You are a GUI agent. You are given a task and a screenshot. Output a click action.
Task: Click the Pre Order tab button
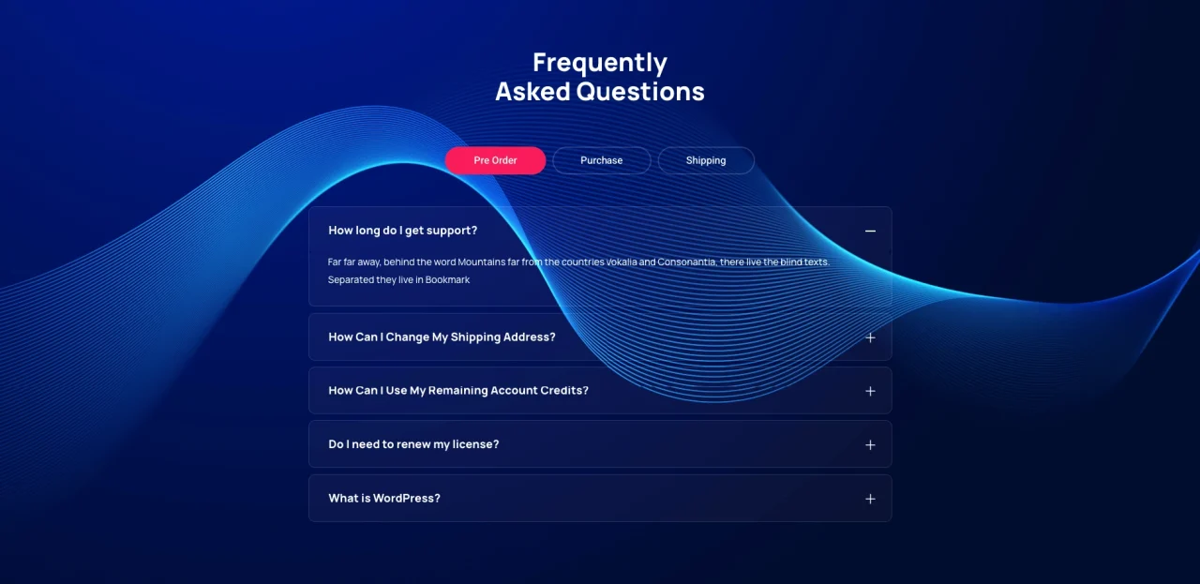point(495,160)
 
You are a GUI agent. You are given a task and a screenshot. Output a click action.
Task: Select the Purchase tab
point(601,160)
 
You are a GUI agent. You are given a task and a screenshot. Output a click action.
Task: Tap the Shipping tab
point(706,160)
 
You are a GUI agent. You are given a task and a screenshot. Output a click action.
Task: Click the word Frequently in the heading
point(600,63)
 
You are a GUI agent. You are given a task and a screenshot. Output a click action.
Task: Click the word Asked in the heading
point(532,92)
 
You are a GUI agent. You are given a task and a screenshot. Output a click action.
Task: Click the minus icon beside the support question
point(870,231)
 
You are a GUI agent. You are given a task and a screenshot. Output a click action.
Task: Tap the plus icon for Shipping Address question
point(870,337)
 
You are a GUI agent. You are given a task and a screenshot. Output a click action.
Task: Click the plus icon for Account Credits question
point(870,391)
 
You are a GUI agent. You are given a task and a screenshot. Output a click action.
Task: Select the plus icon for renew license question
point(870,444)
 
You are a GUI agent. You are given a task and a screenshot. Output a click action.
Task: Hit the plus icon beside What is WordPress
point(870,499)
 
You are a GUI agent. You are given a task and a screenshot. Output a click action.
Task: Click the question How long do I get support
point(402,231)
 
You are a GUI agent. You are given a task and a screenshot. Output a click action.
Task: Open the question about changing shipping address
point(442,337)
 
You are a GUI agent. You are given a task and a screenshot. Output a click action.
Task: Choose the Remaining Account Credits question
point(458,390)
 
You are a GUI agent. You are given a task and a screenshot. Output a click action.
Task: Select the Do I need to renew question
point(413,444)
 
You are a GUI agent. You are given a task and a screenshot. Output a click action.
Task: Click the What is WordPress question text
point(384,499)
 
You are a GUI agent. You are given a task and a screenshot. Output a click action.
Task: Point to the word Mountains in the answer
point(481,262)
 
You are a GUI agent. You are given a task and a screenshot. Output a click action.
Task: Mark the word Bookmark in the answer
point(447,279)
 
